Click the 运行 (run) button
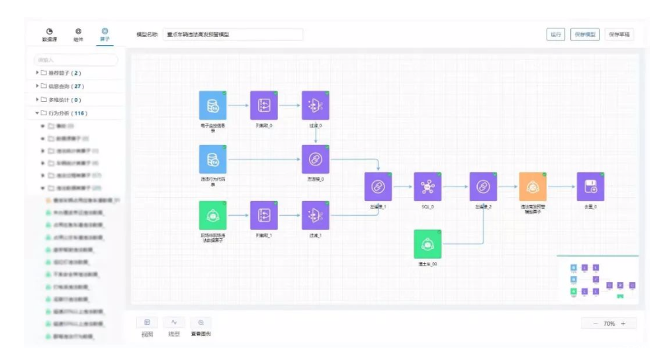click(x=556, y=34)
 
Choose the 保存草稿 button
click(x=619, y=34)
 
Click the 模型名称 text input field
click(x=232, y=34)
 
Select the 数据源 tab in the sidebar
click(x=50, y=34)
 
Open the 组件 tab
click(x=78, y=34)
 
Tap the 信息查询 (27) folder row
click(x=63, y=86)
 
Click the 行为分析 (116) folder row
click(x=63, y=113)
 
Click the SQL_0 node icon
click(x=427, y=187)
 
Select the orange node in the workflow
click(x=533, y=187)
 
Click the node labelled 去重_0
click(x=590, y=187)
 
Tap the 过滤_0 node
click(x=316, y=105)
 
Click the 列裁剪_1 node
click(x=263, y=215)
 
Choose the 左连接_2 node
click(x=483, y=187)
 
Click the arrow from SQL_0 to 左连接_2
click(x=455, y=187)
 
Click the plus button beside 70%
click(x=623, y=324)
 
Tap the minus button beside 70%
click(x=595, y=324)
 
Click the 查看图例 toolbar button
click(x=201, y=327)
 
